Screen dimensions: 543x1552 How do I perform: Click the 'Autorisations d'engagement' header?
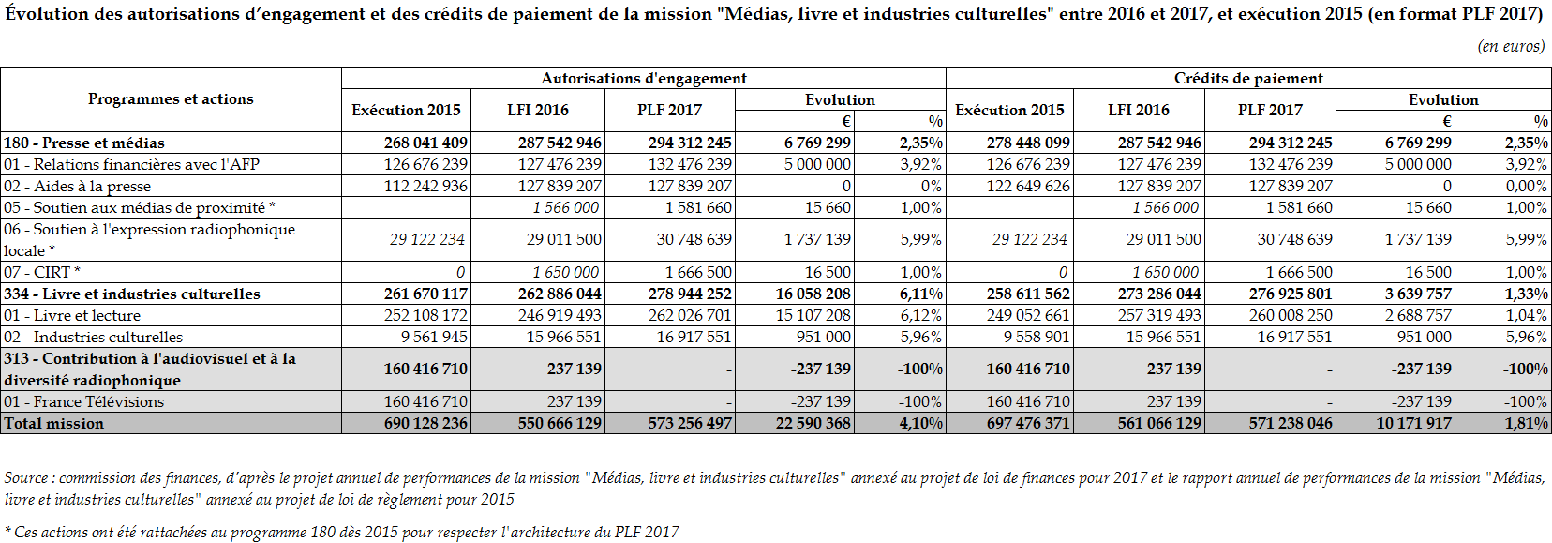644,79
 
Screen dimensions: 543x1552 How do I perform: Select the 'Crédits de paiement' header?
1248,79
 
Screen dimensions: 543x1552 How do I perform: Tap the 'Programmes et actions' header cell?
171,99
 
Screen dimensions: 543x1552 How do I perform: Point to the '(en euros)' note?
1511,46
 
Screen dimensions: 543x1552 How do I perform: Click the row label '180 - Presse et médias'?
84,143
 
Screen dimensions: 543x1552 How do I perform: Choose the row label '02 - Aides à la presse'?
77,186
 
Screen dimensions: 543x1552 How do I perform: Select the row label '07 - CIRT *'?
42,272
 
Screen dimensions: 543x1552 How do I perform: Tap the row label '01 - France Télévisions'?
83,401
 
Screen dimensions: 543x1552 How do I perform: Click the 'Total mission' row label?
53,423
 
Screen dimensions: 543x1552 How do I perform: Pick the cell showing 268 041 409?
425,143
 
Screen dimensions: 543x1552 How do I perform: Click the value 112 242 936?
426,186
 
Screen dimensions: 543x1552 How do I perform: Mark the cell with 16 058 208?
813,294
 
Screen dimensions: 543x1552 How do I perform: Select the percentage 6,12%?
920,315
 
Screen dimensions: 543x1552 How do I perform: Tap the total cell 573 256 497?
690,423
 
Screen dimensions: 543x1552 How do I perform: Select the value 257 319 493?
1158,315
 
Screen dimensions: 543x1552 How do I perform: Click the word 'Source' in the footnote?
25,478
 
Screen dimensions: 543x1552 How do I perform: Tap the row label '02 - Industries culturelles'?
93,337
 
